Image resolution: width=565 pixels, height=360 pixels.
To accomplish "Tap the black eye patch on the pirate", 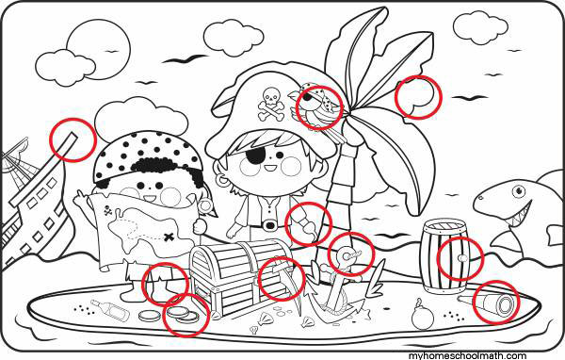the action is pos(256,155).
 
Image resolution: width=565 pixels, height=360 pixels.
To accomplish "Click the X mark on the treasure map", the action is pos(169,237).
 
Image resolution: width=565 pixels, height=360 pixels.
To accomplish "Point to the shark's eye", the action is pos(519,190).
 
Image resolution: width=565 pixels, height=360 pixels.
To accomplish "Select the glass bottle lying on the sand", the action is pos(110,309).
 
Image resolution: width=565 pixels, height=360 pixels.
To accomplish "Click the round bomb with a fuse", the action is pos(422,315).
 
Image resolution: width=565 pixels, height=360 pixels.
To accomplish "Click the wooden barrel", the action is pos(445,256).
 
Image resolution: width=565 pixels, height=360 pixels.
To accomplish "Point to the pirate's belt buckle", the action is pos(269,225).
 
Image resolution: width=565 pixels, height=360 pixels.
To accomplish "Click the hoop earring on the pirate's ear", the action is pos(223,180).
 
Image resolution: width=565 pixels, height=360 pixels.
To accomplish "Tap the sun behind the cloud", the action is pos(99,49).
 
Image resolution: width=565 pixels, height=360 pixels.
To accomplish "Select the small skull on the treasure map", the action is pos(107,211).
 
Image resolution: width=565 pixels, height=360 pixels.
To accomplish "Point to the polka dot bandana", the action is pos(148,155).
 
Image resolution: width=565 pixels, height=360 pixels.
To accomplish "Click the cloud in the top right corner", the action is pos(480,27).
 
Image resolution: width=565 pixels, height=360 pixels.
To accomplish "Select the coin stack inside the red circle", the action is pos(183,314).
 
